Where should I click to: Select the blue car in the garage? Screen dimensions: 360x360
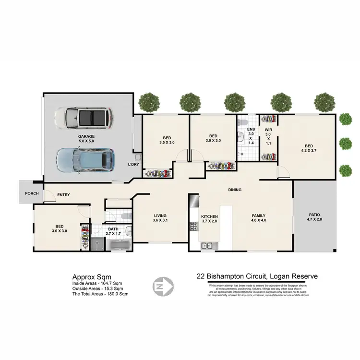85,159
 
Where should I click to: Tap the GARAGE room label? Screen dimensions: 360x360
86,136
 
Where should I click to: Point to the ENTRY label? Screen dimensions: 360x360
64,195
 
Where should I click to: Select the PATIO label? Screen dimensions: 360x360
314,215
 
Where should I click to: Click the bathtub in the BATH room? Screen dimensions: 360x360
117,245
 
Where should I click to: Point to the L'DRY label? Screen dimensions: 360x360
133,164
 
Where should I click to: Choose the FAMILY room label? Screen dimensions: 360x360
259,216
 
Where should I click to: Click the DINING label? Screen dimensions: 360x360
235,190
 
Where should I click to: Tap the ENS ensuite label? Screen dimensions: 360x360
251,130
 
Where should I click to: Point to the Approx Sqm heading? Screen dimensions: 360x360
92,277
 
